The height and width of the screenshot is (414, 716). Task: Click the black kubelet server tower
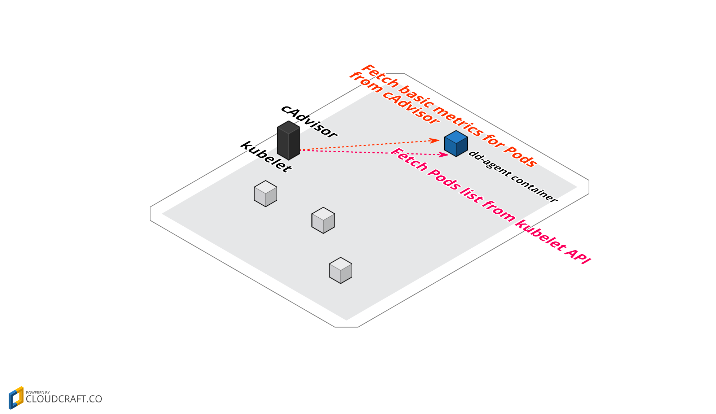[x=288, y=141]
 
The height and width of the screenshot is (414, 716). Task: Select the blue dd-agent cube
[x=456, y=144]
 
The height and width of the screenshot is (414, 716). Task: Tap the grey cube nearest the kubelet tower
[x=265, y=194]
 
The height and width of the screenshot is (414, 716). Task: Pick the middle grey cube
[x=323, y=221]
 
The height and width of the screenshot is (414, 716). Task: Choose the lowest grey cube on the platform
[x=340, y=271]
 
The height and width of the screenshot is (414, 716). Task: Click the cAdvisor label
[x=309, y=121]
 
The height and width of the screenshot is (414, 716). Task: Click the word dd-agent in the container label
[x=488, y=164]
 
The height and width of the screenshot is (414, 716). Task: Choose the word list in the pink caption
[x=471, y=195]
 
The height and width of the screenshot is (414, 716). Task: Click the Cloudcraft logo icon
[x=16, y=398]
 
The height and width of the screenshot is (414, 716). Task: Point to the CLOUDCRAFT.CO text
[x=64, y=399]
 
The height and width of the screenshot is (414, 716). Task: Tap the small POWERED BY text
[x=38, y=393]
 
